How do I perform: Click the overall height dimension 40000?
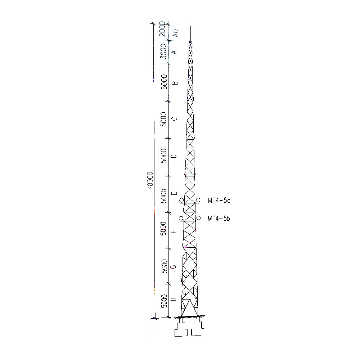click(x=150, y=180)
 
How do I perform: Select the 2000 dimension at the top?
click(x=163, y=29)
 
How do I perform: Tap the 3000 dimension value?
click(x=163, y=51)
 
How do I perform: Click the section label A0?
click(x=176, y=33)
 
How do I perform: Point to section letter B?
click(x=175, y=83)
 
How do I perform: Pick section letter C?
click(x=175, y=119)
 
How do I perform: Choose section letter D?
click(x=175, y=156)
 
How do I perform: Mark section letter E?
click(x=175, y=193)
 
